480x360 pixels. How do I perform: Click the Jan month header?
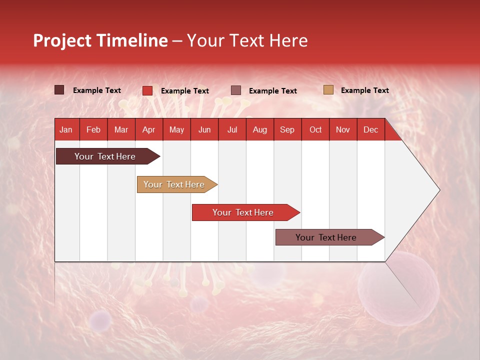pyautogui.click(x=66, y=130)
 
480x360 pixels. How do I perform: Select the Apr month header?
pyautogui.click(x=148, y=130)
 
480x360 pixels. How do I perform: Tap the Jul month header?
pyautogui.click(x=232, y=130)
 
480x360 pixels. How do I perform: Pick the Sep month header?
pyautogui.click(x=287, y=130)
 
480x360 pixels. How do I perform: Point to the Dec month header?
pyautogui.click(x=370, y=130)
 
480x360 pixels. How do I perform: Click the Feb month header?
pyautogui.click(x=93, y=130)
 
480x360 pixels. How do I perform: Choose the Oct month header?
pyautogui.click(x=315, y=130)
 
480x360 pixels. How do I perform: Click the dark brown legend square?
pyautogui.click(x=59, y=90)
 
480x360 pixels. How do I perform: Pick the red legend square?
pyautogui.click(x=147, y=90)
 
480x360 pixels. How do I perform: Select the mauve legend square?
pyautogui.click(x=236, y=90)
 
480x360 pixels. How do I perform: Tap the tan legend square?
pyautogui.click(x=328, y=90)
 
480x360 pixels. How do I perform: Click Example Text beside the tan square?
pyautogui.click(x=364, y=90)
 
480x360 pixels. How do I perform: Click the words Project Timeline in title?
pyautogui.click(x=100, y=40)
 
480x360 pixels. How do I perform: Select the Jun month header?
pyautogui.click(x=204, y=130)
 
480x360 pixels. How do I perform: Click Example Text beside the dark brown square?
pyautogui.click(x=96, y=90)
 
